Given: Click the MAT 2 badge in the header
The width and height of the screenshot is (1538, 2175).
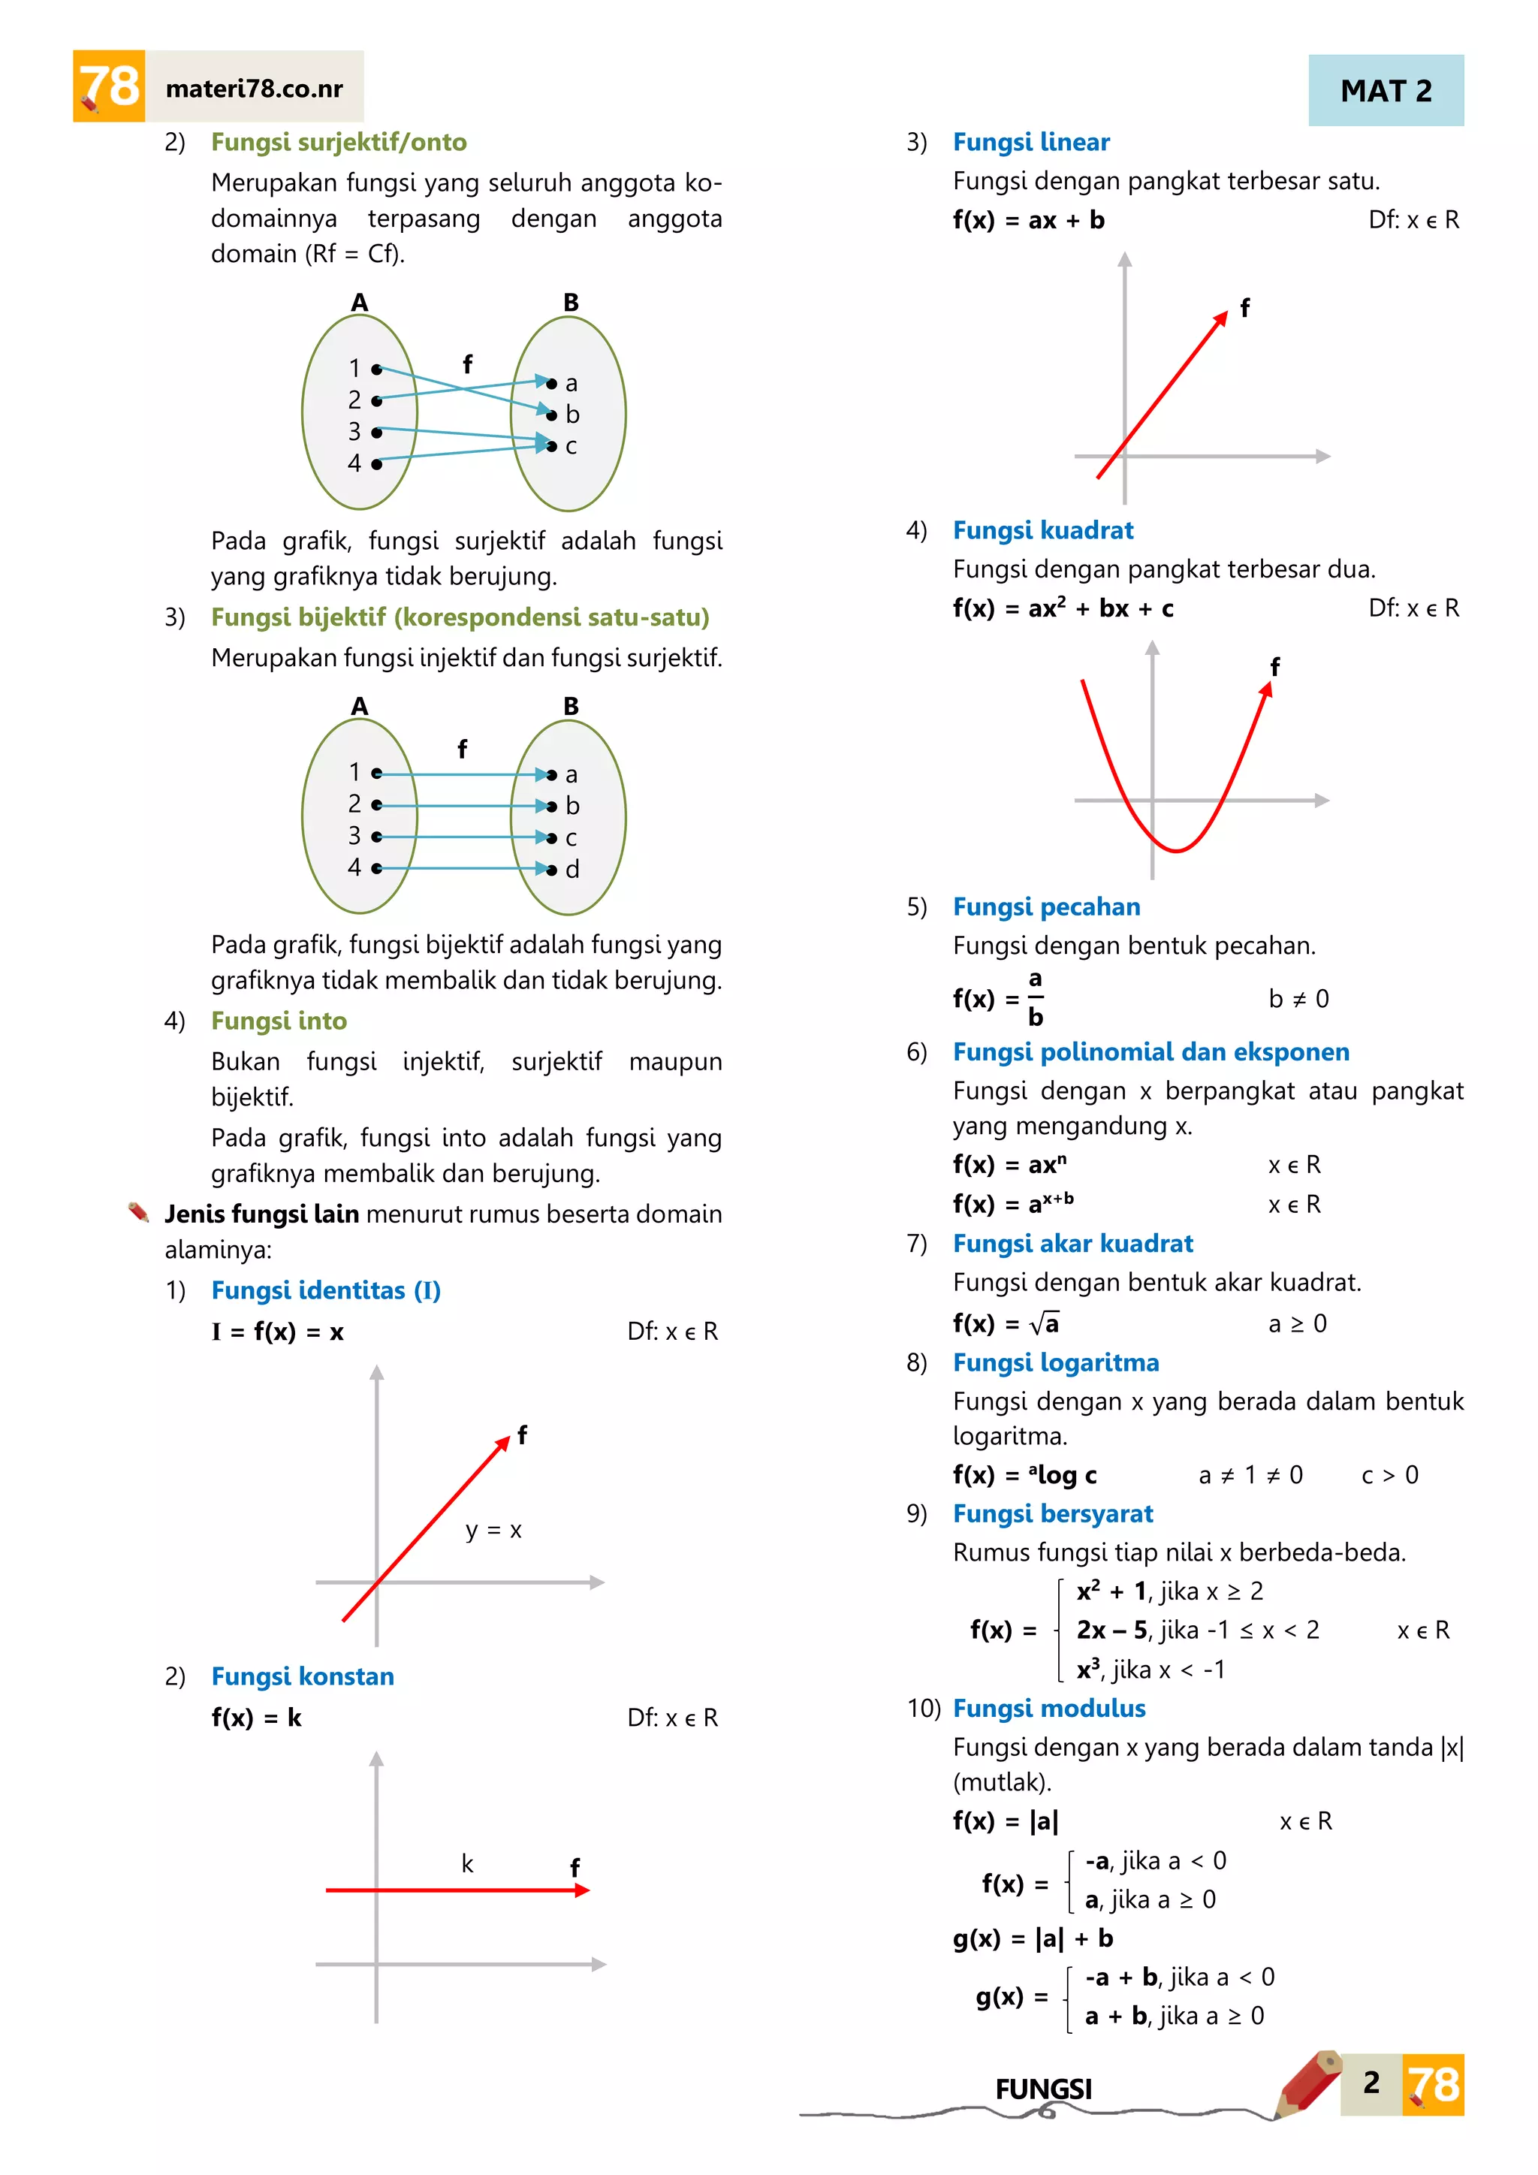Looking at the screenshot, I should pyautogui.click(x=1385, y=91).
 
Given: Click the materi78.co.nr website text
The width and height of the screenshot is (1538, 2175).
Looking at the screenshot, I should pyautogui.click(x=254, y=89).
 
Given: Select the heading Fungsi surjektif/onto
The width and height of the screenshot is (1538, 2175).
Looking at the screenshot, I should pyautogui.click(x=338, y=142).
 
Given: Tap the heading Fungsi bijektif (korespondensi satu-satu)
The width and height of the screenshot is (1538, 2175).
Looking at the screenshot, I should pyautogui.click(x=460, y=617).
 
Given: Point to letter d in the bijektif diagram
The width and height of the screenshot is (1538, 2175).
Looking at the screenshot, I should pyautogui.click(x=572, y=869).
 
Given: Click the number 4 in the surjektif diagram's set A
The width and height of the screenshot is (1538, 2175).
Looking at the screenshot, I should pyautogui.click(x=354, y=463).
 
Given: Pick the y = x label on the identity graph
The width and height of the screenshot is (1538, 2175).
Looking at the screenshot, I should pyautogui.click(x=493, y=1530).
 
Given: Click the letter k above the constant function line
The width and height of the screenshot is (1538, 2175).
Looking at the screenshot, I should pyautogui.click(x=467, y=1864).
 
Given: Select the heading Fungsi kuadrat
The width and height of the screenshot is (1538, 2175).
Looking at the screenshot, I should pyautogui.click(x=1042, y=530).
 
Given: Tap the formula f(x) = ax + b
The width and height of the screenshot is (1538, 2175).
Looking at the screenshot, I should pyautogui.click(x=1029, y=221).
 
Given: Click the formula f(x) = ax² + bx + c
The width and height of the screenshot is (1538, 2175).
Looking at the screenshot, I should pyautogui.click(x=1063, y=608).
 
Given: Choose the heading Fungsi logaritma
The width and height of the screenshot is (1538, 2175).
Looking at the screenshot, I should pyautogui.click(x=1055, y=1362).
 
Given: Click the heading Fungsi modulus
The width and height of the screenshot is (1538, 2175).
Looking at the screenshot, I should pyautogui.click(x=1048, y=1708).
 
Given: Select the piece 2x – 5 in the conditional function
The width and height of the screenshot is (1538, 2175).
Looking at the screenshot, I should pyautogui.click(x=1112, y=1630).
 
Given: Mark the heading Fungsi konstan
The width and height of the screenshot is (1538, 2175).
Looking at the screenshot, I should pyautogui.click(x=302, y=1677).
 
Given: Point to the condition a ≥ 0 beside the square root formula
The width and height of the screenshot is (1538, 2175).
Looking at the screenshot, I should pyautogui.click(x=1298, y=1323).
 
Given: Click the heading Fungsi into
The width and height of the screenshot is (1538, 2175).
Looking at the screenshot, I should pyautogui.click(x=279, y=1021).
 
